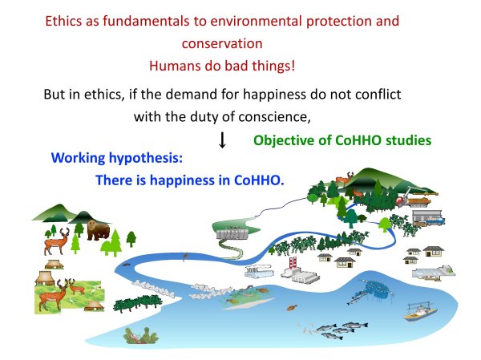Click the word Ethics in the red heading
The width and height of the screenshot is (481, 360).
coord(64,21)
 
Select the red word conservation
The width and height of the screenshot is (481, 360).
coord(222,43)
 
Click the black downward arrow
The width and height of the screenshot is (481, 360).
coord(222,140)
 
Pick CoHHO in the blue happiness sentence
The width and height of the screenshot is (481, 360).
coord(259,180)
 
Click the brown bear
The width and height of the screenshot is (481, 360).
coord(98,230)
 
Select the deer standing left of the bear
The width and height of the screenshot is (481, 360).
coord(56,242)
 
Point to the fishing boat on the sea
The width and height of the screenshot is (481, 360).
coord(420,313)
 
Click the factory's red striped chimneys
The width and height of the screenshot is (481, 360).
coord(293,263)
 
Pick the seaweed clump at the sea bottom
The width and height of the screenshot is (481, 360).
coord(140,335)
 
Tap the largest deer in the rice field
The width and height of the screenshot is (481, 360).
coord(52,296)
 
